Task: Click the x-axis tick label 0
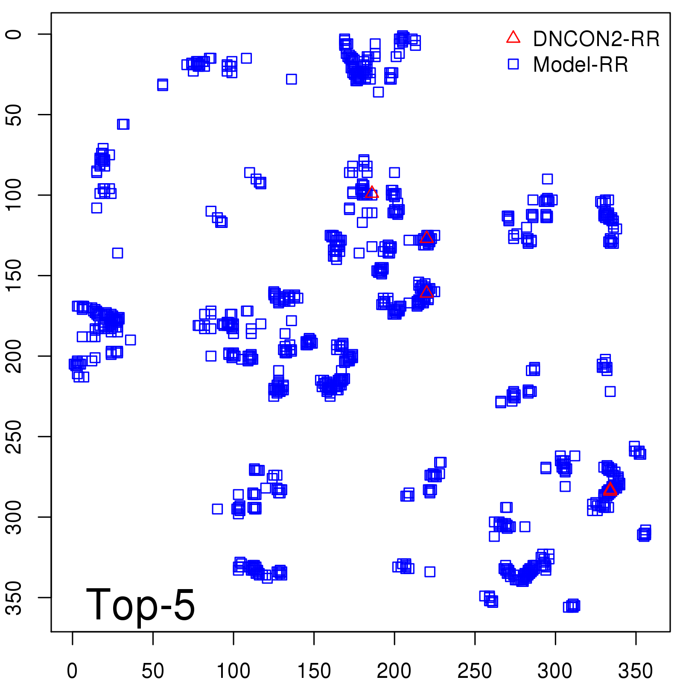pyautogui.click(x=72, y=671)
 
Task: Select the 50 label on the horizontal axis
pyautogui.click(x=153, y=671)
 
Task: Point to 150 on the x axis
pyautogui.click(x=314, y=671)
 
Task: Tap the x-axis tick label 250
pyautogui.click(x=475, y=671)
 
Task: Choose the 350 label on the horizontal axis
pyautogui.click(x=636, y=671)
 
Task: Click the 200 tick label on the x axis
pyautogui.click(x=394, y=671)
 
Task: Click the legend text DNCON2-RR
pyautogui.click(x=596, y=39)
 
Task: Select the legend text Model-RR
pyautogui.click(x=581, y=65)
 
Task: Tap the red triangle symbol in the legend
pyautogui.click(x=513, y=38)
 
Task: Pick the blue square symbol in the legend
pyautogui.click(x=513, y=64)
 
